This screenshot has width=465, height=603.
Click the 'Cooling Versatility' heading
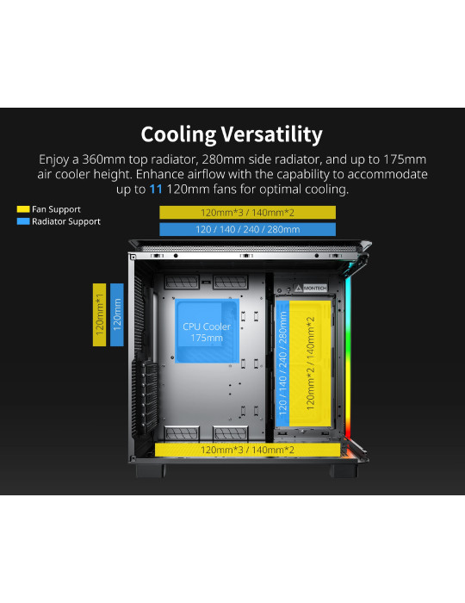click(x=232, y=134)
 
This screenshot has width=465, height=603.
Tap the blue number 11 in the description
click(x=156, y=190)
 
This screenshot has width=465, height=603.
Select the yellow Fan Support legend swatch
click(x=23, y=209)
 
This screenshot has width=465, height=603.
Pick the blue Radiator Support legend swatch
click(x=23, y=221)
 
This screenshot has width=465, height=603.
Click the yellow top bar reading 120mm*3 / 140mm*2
click(x=247, y=212)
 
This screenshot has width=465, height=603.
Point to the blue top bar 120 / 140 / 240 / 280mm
click(x=247, y=230)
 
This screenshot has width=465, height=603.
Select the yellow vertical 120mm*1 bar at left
click(x=100, y=314)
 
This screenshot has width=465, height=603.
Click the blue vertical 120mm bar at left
click(x=117, y=314)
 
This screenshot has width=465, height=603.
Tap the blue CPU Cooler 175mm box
click(x=207, y=331)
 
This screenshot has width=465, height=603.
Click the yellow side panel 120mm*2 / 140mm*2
click(x=310, y=364)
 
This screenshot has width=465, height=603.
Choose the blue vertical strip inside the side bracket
click(x=282, y=364)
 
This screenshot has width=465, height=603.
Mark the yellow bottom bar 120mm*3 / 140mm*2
click(x=247, y=450)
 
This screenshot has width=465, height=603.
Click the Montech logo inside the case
click(x=311, y=288)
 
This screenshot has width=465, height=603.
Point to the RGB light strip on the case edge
click(x=348, y=357)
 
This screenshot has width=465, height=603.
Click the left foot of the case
click(x=150, y=470)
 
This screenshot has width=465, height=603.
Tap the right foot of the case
click(x=344, y=470)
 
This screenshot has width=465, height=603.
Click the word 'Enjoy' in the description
click(x=53, y=159)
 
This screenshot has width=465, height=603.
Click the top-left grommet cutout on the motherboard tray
click(x=182, y=282)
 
